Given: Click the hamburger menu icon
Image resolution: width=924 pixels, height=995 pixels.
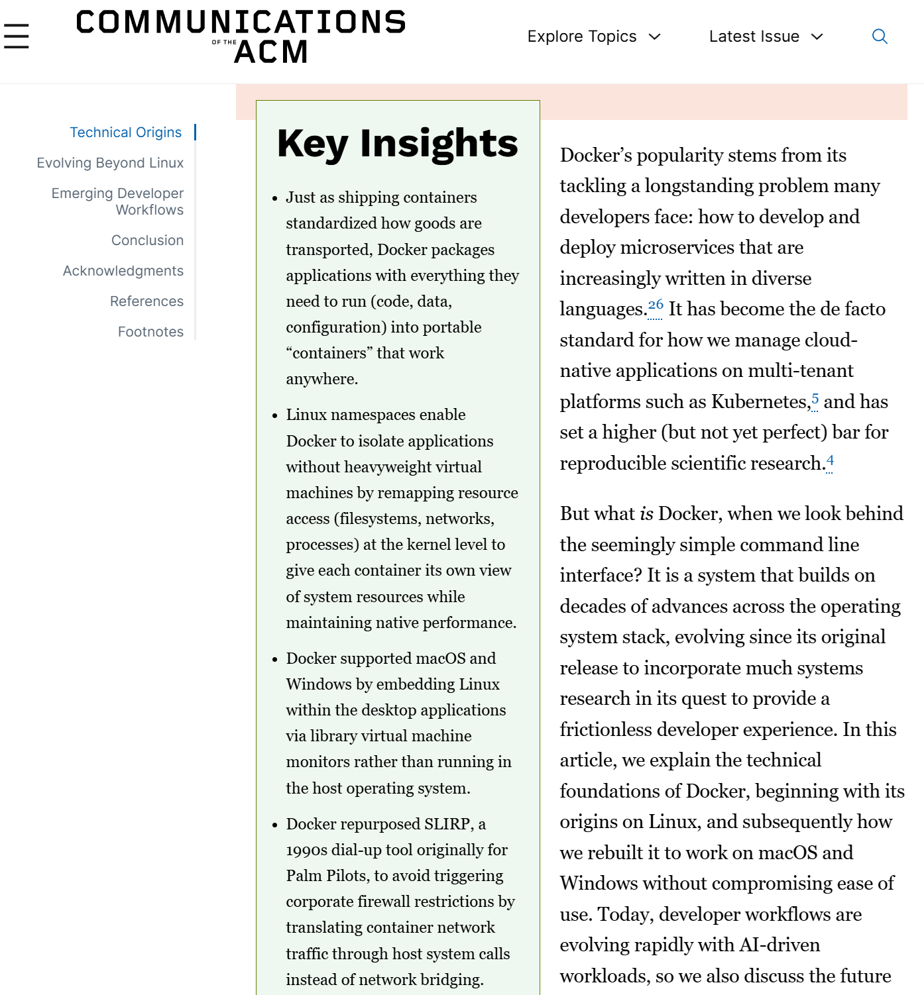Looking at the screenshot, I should (17, 36).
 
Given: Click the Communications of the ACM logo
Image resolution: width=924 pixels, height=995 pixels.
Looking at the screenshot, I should (241, 36).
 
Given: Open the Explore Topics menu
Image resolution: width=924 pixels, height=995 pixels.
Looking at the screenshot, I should (593, 36).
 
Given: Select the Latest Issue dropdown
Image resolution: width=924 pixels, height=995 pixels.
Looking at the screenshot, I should (765, 36).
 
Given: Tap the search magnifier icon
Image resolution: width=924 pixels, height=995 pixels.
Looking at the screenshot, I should (880, 36).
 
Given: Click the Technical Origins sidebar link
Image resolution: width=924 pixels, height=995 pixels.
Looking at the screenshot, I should (126, 132).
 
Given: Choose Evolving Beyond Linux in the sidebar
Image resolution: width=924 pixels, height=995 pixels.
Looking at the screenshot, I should (110, 163).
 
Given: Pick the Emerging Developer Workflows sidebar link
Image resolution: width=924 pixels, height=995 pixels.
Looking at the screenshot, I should (118, 201).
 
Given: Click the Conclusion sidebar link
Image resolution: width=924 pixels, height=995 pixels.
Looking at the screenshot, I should (147, 240).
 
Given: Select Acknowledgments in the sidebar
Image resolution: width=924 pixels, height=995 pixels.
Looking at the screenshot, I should (123, 271).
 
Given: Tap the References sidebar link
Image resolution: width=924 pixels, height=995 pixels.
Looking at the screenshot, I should (146, 301).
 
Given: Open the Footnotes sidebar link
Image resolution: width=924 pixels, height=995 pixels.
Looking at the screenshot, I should (150, 332).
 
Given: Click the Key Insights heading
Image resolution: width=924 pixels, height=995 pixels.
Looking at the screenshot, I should (397, 144).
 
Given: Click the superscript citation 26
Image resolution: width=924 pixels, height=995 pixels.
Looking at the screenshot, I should (656, 305).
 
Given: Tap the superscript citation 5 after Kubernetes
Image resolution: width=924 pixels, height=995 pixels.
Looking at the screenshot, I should (815, 398).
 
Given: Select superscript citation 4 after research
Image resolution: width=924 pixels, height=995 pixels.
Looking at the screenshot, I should (830, 460).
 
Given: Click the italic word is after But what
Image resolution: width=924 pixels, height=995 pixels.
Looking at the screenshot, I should (646, 514).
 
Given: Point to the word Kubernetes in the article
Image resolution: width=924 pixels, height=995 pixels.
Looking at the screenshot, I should (758, 402).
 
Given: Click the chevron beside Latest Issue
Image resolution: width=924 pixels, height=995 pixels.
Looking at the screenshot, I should (817, 36).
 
